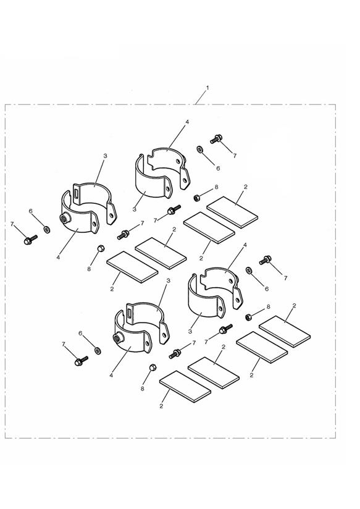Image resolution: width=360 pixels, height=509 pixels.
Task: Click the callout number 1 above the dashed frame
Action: pyautogui.click(x=207, y=88)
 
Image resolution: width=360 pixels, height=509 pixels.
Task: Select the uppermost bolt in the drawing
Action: pyautogui.click(x=216, y=139)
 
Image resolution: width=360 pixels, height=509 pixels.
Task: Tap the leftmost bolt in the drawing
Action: pyautogui.click(x=30, y=240)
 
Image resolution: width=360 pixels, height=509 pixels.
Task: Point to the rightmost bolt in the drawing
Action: pyautogui.click(x=265, y=260)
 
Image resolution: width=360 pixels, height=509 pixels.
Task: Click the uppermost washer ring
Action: pyautogui.click(x=199, y=149)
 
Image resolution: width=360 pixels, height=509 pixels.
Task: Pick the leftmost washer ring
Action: pyautogui.click(x=47, y=230)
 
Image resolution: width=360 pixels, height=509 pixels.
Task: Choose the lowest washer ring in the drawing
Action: pyautogui.click(x=97, y=351)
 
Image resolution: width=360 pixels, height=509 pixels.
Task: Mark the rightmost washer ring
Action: pyautogui.click(x=249, y=270)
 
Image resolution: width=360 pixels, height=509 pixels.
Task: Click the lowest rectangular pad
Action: pyautogui.click(x=185, y=386)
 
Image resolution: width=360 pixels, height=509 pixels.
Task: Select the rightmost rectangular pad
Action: pyautogui.click(x=285, y=332)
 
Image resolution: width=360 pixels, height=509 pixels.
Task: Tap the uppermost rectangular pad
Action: pyautogui.click(x=232, y=212)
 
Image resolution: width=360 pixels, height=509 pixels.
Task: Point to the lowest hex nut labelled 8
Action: pyautogui.click(x=153, y=368)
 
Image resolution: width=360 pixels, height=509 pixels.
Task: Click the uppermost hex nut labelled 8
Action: pyautogui.click(x=196, y=198)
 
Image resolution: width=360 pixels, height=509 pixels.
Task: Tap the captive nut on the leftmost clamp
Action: pyautogui.click(x=65, y=219)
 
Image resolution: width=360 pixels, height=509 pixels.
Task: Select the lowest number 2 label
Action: pyautogui.click(x=161, y=406)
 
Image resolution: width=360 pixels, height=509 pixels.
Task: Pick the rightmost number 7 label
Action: pyautogui.click(x=285, y=278)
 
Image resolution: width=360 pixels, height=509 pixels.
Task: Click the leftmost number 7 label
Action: pyautogui.click(x=12, y=224)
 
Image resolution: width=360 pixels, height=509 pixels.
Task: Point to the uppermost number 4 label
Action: pyautogui.click(x=187, y=122)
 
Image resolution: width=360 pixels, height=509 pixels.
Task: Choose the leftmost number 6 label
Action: pyautogui.click(x=30, y=211)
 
